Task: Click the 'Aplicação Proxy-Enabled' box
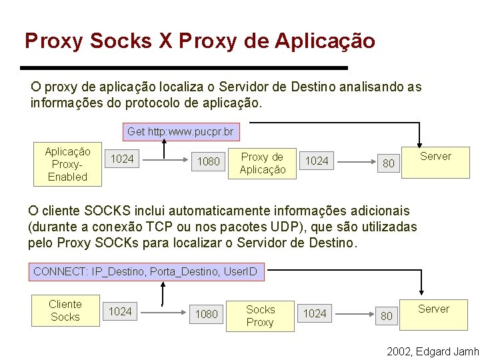67,164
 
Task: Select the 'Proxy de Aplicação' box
262,163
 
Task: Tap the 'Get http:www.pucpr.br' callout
179,132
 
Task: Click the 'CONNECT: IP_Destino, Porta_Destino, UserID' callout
145,272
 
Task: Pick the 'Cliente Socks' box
65,311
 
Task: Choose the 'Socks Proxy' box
260,316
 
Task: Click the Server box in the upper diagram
435,157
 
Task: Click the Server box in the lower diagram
433,309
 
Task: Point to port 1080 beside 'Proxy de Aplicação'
209,161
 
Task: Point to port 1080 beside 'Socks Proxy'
206,314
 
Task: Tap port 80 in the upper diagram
389,163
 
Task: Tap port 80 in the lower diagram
387,316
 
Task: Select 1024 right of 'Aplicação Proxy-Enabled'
122,159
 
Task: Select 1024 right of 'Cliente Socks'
120,311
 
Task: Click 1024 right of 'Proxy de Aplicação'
317,161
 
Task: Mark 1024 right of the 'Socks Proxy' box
315,313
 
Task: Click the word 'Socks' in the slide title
122,41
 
